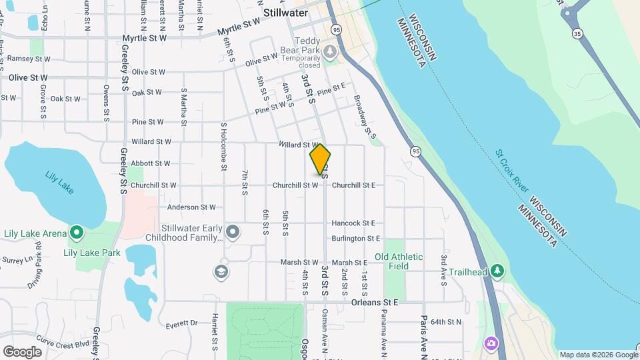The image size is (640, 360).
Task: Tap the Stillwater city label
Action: (x=285, y=13)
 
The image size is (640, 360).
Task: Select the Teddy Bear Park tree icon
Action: (x=329, y=51)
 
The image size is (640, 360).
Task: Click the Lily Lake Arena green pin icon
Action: (x=77, y=233)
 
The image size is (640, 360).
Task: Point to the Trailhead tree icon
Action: (x=497, y=271)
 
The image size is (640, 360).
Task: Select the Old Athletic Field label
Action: (x=399, y=261)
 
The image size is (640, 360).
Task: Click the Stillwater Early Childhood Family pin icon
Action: (x=232, y=232)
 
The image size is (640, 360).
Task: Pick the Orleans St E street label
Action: (x=374, y=302)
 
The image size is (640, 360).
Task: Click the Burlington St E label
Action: (x=355, y=238)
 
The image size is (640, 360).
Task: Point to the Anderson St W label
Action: (x=192, y=207)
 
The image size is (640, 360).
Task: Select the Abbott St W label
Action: (x=151, y=163)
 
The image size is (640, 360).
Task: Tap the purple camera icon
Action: (x=491, y=343)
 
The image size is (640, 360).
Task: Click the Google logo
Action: (x=22, y=351)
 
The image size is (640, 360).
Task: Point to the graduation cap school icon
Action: (x=221, y=271)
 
